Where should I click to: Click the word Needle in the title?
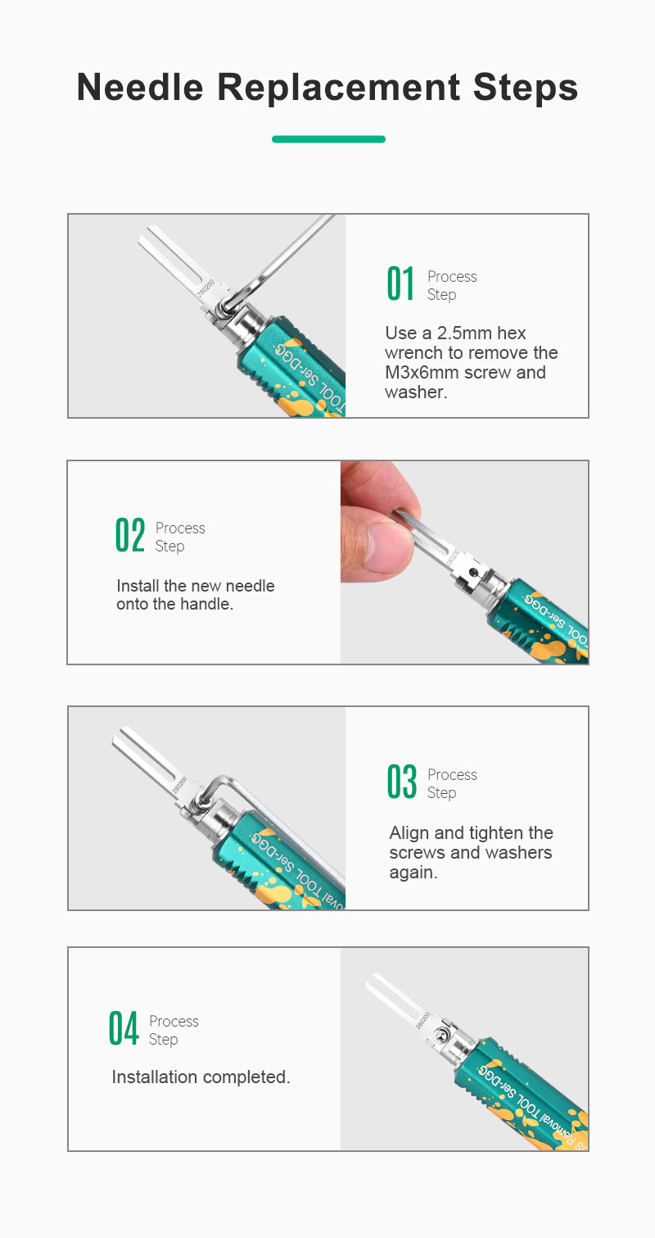point(140,88)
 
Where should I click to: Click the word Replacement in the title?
point(338,88)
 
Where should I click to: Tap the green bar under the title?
point(328,139)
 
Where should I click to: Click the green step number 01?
point(400,283)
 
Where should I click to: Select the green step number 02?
point(130,535)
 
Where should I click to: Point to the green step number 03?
point(401,782)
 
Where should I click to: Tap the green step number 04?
point(124,1028)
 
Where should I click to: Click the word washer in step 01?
point(414,392)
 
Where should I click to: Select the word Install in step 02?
point(138,586)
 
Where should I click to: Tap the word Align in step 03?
point(409,833)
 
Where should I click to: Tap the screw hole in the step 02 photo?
point(472,569)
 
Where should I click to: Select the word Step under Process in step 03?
point(442,793)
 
